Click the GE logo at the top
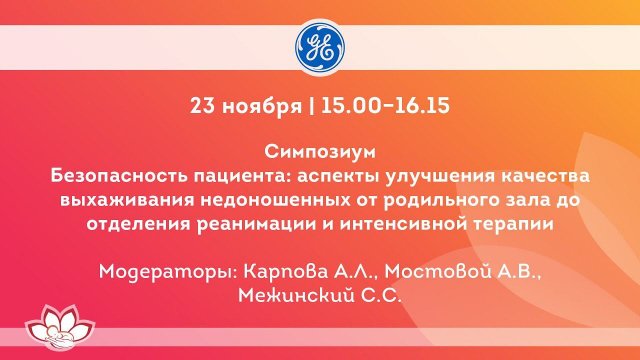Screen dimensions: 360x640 (x=320, y=45)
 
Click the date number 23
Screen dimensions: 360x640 (x=203, y=105)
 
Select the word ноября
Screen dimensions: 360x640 (x=256, y=105)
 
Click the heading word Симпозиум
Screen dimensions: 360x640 (x=319, y=154)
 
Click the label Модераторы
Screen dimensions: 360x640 (x=157, y=271)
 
